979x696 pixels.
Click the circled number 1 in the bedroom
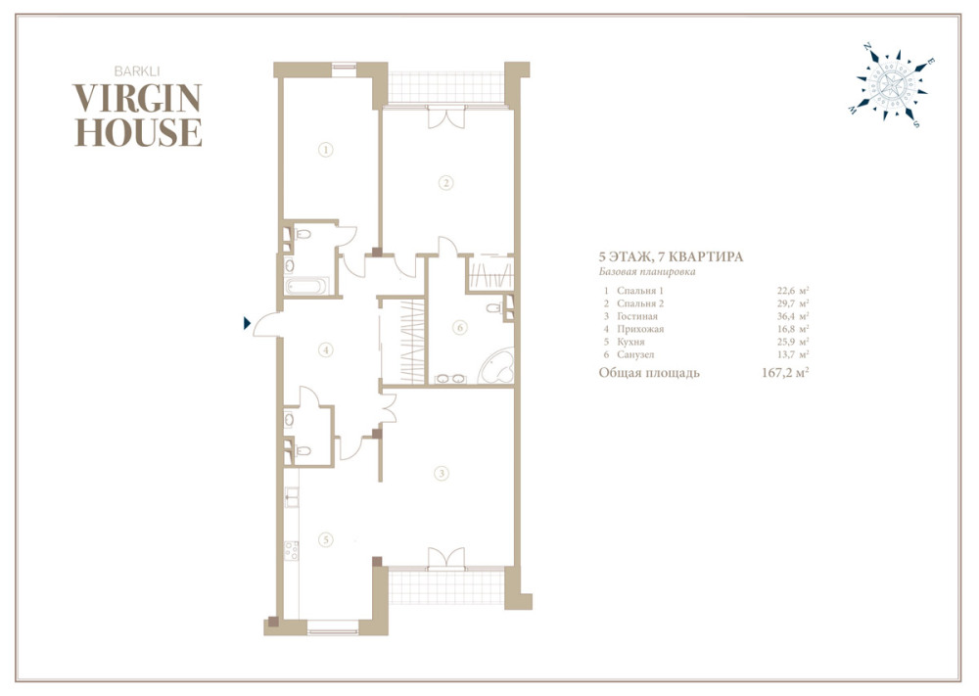[325, 150]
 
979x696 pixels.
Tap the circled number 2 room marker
[445, 183]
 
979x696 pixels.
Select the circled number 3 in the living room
[442, 473]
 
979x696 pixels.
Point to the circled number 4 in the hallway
[325, 350]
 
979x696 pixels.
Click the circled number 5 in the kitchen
[325, 540]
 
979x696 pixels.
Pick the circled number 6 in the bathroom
[459, 328]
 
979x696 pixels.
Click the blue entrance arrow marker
[248, 323]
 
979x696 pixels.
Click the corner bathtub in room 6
[497, 366]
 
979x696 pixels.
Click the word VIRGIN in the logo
[137, 98]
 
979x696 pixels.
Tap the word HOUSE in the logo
[138, 132]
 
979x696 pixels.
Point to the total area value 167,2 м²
[785, 373]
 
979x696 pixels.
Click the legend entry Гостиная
[637, 316]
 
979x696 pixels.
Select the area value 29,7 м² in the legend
[793, 303]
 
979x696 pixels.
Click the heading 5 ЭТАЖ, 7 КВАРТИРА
[672, 256]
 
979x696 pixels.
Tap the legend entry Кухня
[630, 342]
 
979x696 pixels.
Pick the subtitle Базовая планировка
[647, 272]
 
